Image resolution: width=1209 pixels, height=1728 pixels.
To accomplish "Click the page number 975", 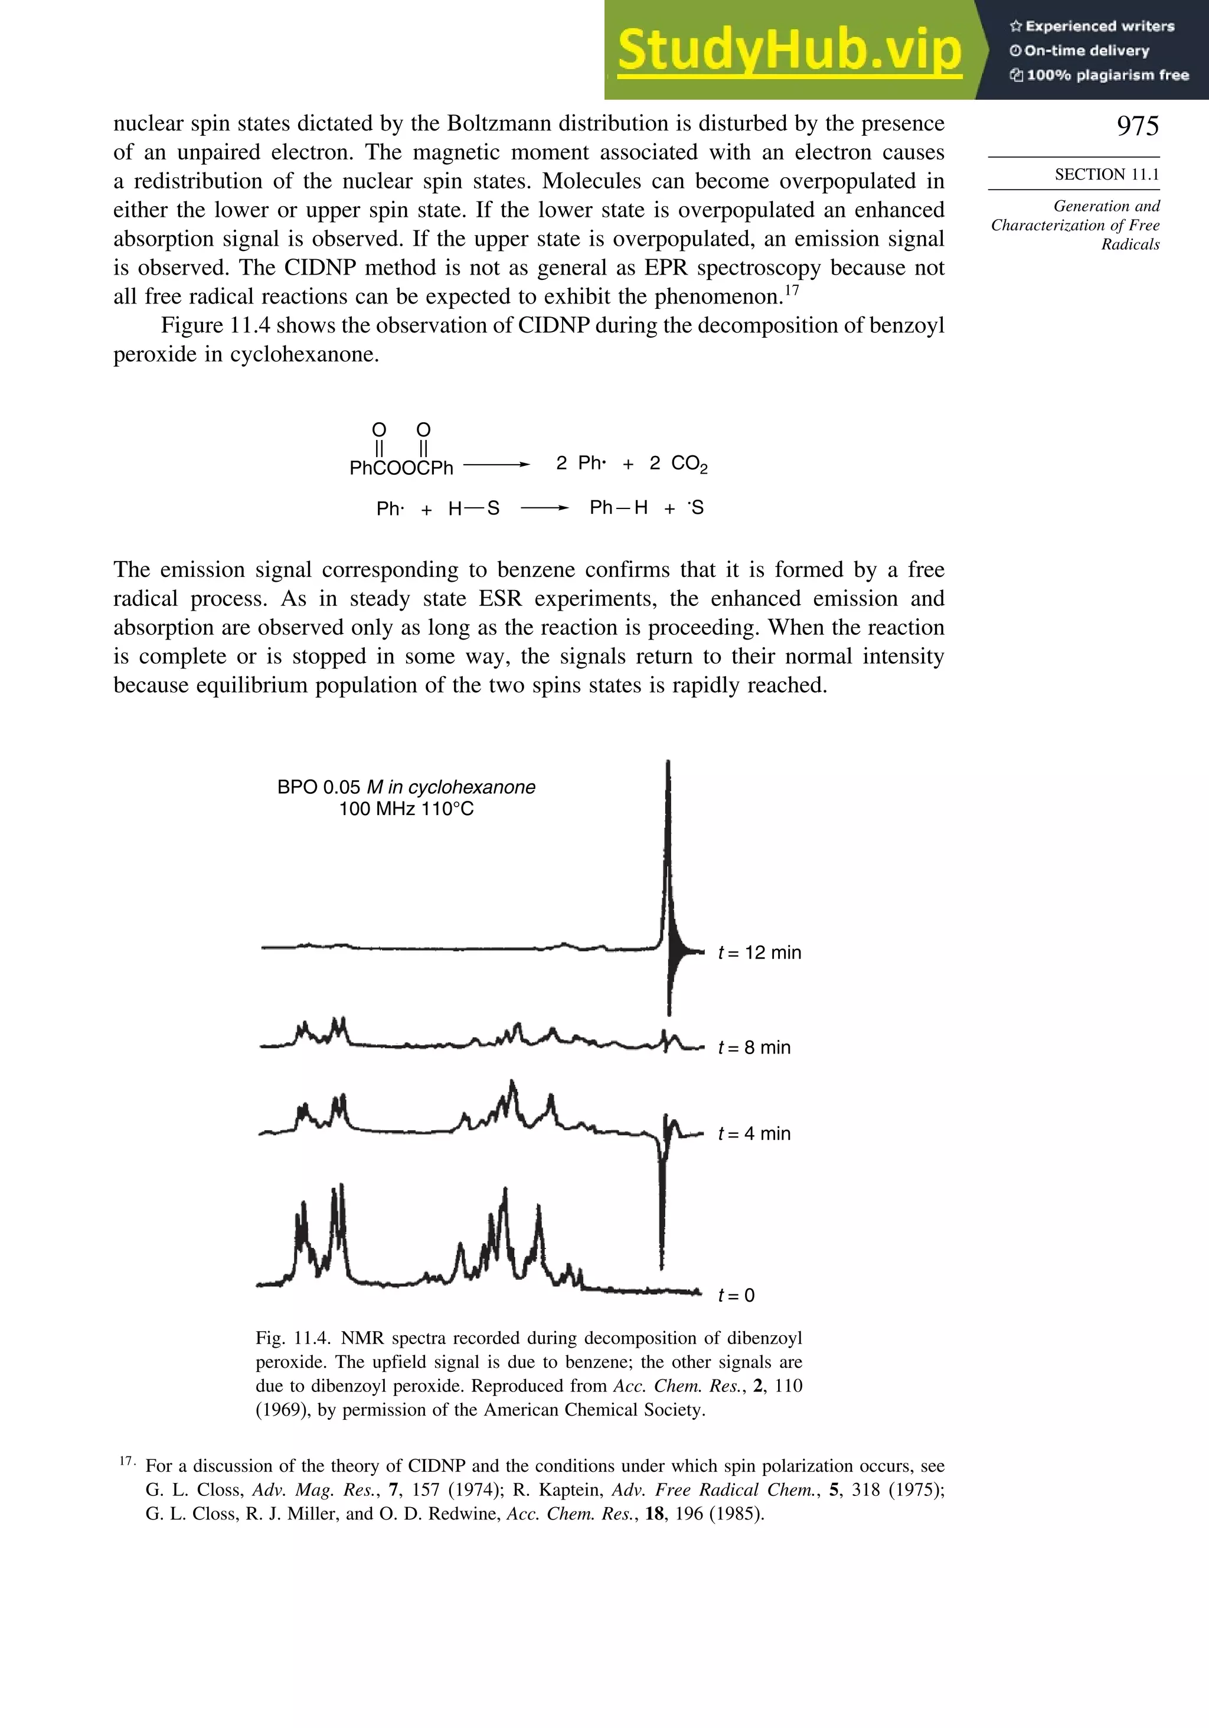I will coord(1137,126).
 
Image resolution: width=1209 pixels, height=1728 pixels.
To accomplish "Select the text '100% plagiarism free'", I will coord(1106,75).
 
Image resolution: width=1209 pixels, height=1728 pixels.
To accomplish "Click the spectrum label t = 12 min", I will coord(759,953).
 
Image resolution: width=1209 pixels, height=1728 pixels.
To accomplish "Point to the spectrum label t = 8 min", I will coord(754,1048).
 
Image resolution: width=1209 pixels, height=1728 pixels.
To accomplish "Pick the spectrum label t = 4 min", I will coord(754,1133).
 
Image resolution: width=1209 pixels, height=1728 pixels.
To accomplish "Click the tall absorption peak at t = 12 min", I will coord(668,828).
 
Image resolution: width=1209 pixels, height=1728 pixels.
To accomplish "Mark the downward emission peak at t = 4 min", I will coord(661,1204).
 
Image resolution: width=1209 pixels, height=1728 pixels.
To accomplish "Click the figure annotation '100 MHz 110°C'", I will coord(406,809).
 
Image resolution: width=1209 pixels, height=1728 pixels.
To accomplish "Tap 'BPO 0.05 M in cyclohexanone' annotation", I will coord(406,787).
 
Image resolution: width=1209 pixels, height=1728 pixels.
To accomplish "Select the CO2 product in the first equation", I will coord(689,464).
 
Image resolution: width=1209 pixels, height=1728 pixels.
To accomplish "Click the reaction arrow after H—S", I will coord(544,508).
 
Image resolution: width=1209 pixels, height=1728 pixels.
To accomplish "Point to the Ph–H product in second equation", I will coord(619,508).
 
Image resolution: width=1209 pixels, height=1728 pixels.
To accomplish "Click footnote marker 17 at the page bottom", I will coord(126,1461).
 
